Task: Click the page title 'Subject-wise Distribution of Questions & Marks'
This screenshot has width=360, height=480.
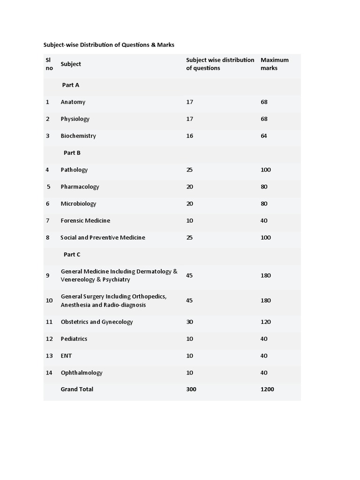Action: [x=109, y=45]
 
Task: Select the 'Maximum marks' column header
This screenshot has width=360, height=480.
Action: [x=274, y=64]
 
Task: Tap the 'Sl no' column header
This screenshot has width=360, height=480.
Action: [x=49, y=64]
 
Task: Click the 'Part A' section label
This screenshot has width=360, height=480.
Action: [x=70, y=85]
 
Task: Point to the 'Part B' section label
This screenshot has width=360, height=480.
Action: [x=72, y=153]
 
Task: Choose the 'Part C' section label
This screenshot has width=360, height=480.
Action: [x=72, y=255]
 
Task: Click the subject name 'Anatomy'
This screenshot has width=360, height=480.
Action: [x=73, y=102]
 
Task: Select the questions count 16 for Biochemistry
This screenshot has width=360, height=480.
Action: [x=189, y=136]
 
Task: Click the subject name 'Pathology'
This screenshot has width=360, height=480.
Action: [x=74, y=170]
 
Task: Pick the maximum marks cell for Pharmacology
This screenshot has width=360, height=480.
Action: [x=264, y=187]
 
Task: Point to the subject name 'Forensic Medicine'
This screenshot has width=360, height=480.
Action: [x=85, y=220]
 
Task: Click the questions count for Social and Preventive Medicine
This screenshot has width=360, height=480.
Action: [x=189, y=238]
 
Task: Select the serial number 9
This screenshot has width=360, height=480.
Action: [x=47, y=275]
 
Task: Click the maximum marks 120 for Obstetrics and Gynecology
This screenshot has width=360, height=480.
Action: [x=265, y=322]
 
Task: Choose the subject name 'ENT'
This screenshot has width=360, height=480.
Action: [x=66, y=356]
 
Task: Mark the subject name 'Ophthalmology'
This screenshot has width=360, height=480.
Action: [x=82, y=373]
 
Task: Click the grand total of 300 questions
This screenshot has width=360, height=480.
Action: [x=191, y=389]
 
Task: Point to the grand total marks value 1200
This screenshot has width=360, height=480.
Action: [x=267, y=389]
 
